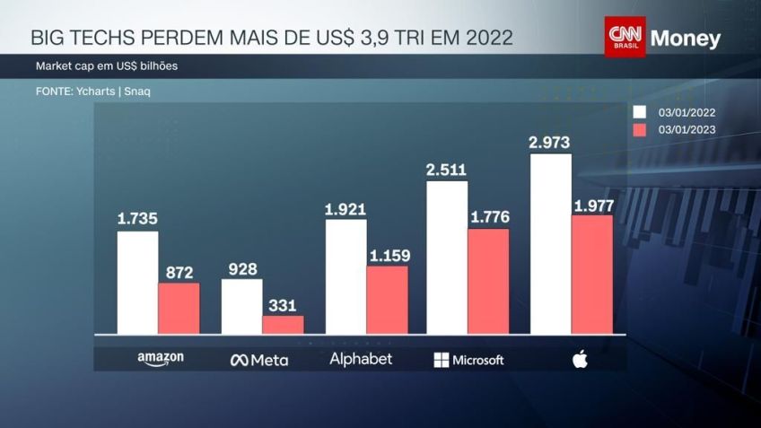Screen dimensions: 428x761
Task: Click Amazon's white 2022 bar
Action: point(137,283)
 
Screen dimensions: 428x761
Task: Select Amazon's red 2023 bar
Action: point(179,308)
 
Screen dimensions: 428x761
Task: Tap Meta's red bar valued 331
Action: point(283,324)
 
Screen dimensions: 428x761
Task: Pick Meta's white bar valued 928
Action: point(241,306)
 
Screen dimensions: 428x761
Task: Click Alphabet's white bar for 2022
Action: point(346,276)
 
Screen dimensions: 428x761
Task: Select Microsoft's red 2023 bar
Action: point(488,281)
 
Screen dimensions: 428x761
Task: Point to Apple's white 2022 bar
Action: point(550,244)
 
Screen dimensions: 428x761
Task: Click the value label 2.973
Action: point(550,142)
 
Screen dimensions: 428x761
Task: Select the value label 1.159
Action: point(388,255)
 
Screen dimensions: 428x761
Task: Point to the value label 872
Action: point(179,272)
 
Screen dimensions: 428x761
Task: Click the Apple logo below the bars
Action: point(579,360)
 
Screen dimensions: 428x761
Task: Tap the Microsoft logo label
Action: point(468,360)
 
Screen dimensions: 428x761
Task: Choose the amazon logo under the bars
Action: point(161,359)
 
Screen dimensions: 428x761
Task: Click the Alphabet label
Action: point(361,359)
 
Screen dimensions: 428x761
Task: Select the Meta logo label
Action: point(259,360)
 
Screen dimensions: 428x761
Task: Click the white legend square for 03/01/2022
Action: point(640,112)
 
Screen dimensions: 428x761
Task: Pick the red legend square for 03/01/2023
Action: point(640,130)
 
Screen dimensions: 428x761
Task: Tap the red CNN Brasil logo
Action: point(625,37)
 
